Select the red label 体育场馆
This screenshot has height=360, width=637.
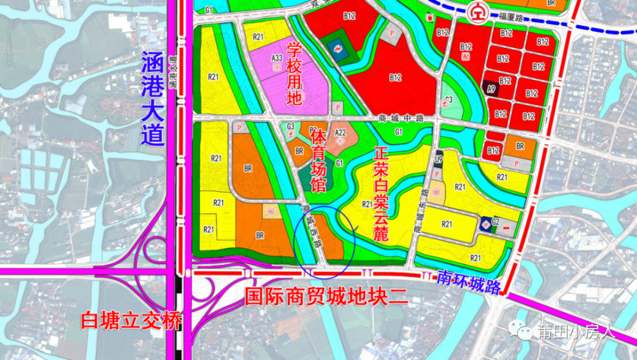[x=318, y=161]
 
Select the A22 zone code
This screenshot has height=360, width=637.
[x=340, y=133]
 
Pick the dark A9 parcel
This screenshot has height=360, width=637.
[x=491, y=90]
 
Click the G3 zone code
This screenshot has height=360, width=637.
[x=290, y=127]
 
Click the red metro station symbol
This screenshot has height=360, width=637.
[x=475, y=11]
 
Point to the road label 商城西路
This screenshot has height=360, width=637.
[x=311, y=226]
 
